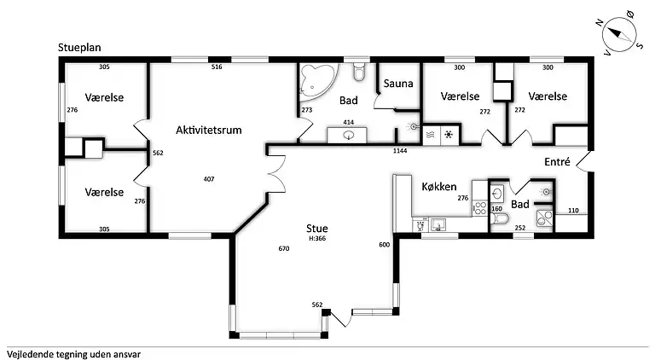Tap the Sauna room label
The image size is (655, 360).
398,84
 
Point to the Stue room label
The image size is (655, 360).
317,228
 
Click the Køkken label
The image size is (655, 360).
439,187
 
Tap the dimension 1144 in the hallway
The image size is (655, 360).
400,151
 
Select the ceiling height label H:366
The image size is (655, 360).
318,239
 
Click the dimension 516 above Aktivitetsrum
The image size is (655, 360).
217,67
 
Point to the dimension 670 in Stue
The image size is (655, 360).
284,249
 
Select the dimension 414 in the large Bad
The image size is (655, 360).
348,123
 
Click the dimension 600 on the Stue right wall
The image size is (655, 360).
384,245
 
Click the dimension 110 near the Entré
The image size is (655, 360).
573,210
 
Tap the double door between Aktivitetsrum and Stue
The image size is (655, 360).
275,177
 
